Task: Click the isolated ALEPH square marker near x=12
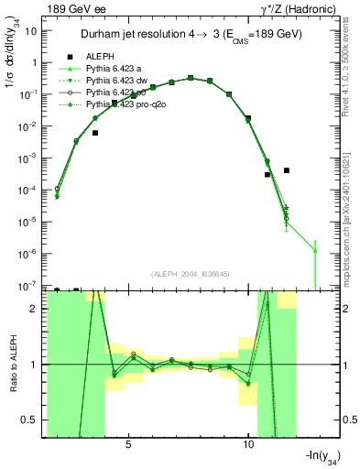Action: tap(287, 170)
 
